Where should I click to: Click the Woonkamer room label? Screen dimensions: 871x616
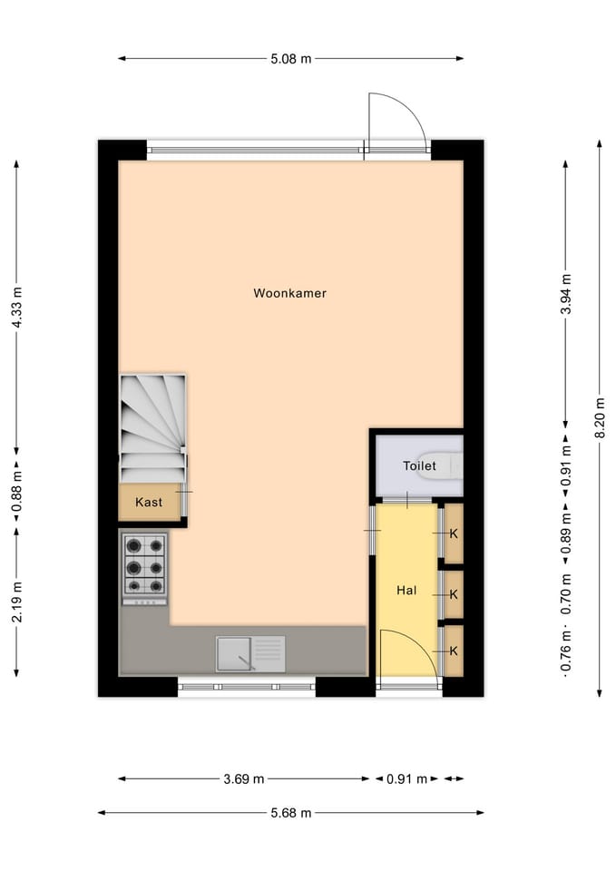pos(289,293)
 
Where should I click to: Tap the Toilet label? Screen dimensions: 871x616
pos(419,466)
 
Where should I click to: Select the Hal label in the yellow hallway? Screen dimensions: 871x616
pos(406,591)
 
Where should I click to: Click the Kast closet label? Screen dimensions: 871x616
pos(149,502)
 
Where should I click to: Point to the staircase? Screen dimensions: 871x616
pos(152,427)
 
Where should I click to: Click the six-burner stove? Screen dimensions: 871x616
pos(145,567)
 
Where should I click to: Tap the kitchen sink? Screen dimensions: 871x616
pos(250,652)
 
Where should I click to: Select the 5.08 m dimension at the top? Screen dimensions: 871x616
pos(291,59)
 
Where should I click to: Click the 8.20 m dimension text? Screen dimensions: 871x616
pos(599,417)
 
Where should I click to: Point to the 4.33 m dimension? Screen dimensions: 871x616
pos(16,308)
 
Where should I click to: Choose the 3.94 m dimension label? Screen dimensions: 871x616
pos(565,295)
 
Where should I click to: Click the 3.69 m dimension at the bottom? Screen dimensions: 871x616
pos(245,778)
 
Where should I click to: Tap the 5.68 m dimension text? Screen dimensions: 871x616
pos(291,813)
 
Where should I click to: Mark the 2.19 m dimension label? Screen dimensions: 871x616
pos(16,601)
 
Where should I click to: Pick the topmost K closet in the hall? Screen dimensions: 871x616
pos(454,533)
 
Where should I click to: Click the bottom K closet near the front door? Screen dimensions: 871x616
pos(454,651)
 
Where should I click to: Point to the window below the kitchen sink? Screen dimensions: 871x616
pos(246,687)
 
